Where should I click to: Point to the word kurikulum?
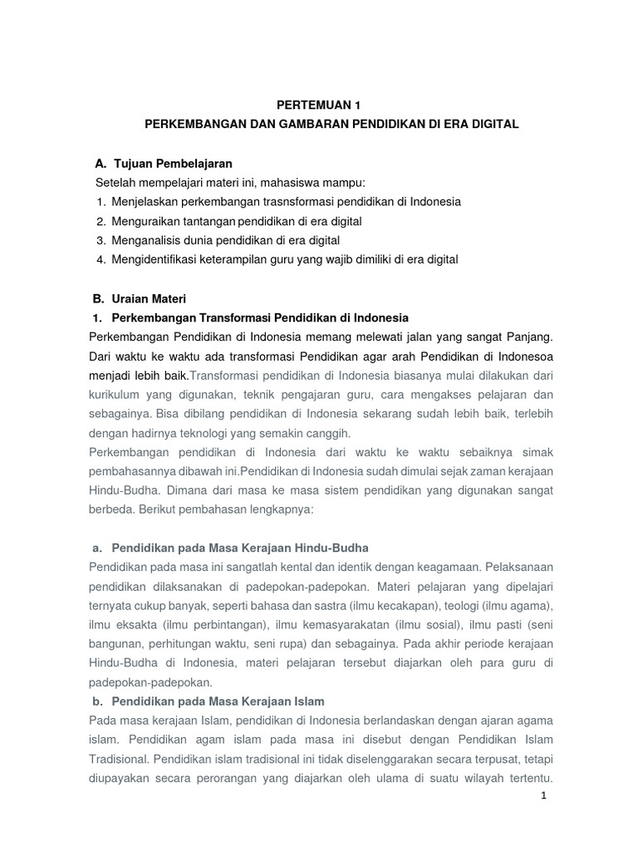coord(115,394)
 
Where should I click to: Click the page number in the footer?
coord(543,795)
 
